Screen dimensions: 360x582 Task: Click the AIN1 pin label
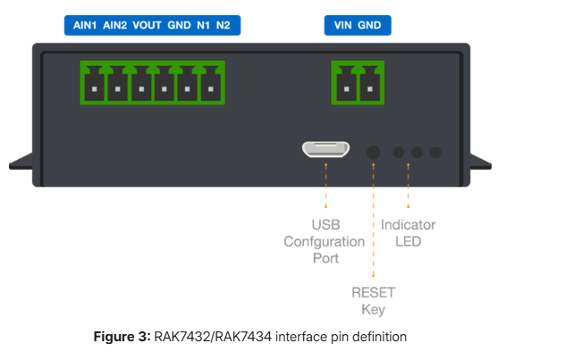point(85,25)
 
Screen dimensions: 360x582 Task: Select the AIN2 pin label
point(115,25)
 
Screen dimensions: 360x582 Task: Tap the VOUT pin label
point(147,25)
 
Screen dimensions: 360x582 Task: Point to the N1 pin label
point(202,25)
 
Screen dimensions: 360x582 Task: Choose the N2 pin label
point(223,25)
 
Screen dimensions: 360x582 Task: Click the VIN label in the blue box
point(342,25)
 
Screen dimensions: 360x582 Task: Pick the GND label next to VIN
point(369,25)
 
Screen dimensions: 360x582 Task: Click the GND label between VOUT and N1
point(179,25)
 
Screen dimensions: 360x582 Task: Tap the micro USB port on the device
point(325,150)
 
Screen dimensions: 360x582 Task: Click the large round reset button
point(374,153)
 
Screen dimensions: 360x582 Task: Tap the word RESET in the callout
point(373,292)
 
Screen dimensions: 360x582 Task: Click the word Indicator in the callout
point(409,225)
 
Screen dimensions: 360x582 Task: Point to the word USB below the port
point(325,225)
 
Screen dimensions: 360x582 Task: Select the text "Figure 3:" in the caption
point(122,337)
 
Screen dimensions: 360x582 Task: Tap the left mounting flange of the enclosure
point(21,164)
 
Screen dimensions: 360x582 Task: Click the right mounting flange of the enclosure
point(479,163)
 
